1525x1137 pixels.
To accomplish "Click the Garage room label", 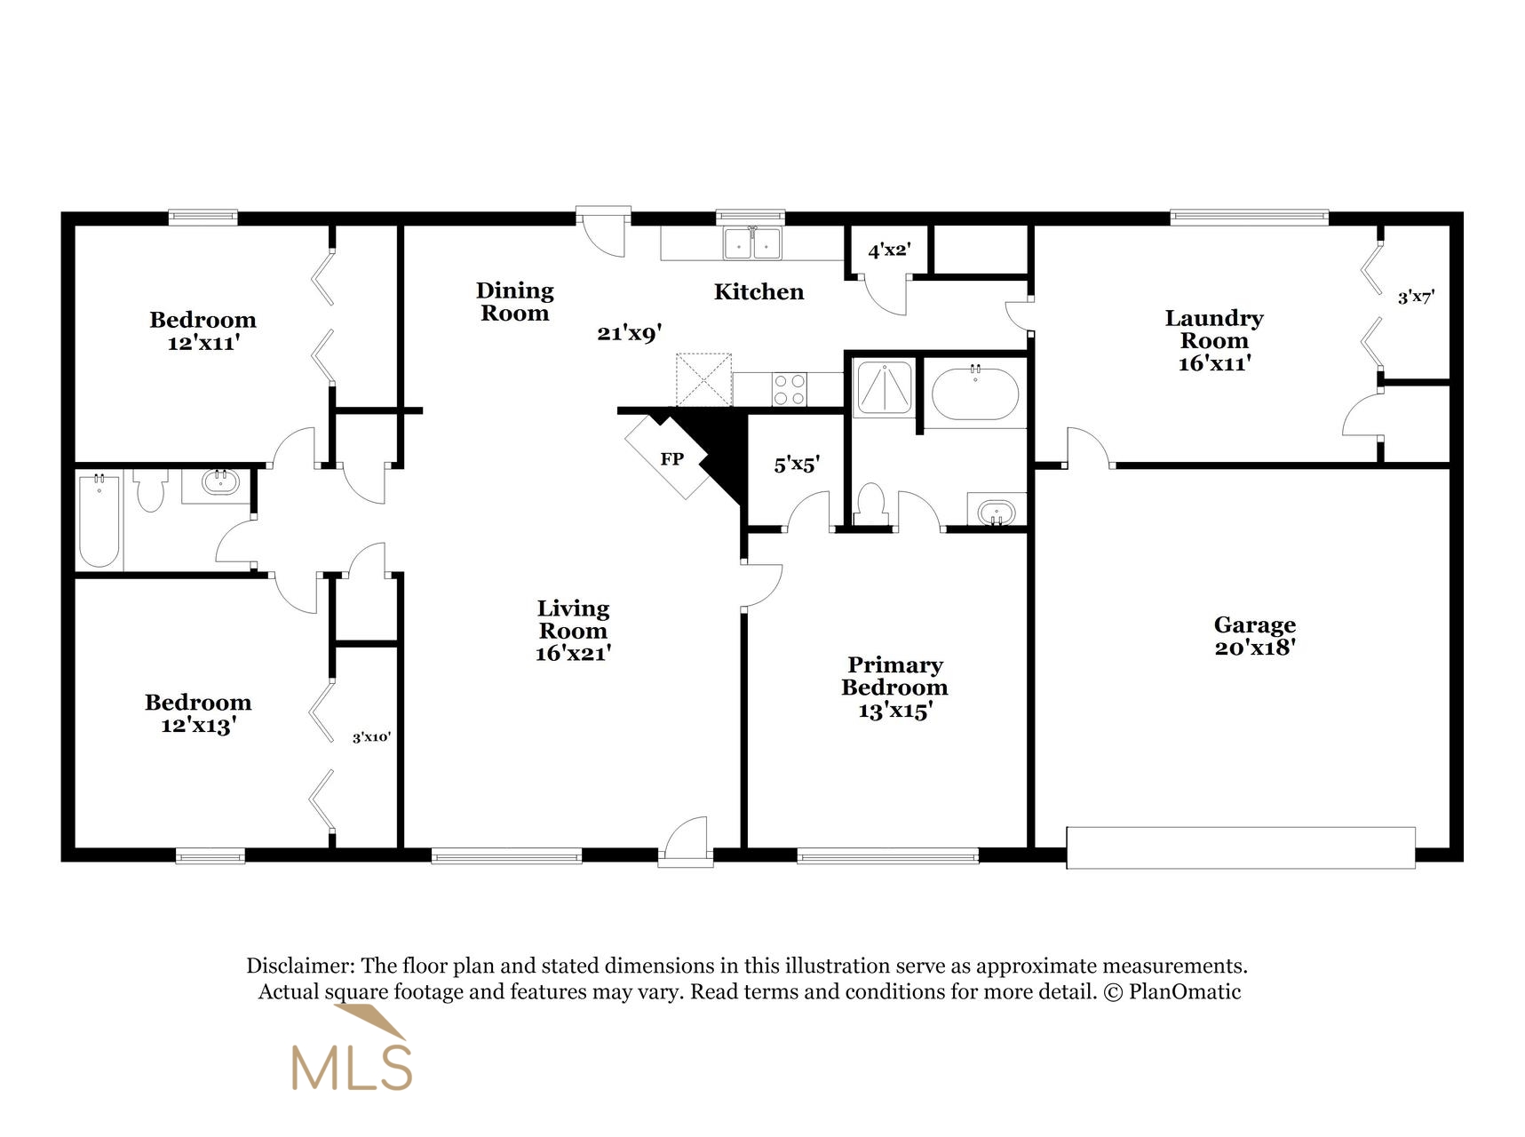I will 1254,625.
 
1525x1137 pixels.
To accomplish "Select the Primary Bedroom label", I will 894,676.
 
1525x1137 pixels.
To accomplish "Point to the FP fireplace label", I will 671,459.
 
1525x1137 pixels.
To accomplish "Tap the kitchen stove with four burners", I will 789,389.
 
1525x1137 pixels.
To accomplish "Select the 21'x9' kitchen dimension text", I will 630,334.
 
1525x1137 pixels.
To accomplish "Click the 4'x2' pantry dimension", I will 889,250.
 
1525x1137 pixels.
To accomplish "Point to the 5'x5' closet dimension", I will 796,464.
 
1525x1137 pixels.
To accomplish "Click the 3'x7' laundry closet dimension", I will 1416,298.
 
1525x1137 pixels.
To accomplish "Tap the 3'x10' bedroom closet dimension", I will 371,737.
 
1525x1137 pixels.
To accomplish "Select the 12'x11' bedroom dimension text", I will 203,343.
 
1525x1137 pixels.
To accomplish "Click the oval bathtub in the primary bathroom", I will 974,394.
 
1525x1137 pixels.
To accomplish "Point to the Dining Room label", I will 514,301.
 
